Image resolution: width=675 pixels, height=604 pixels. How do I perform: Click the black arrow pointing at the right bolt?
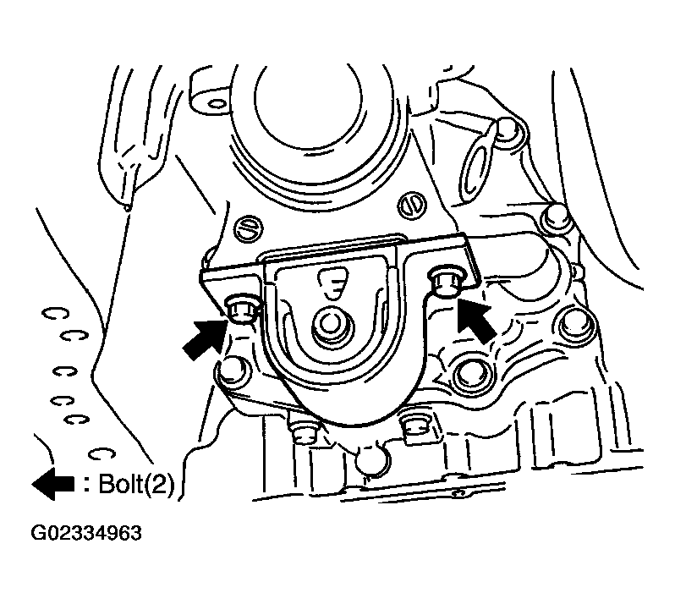click(475, 321)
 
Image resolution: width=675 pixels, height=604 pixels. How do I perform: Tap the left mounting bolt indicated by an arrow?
click(240, 309)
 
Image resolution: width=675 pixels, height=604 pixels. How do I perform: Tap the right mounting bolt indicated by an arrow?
click(447, 280)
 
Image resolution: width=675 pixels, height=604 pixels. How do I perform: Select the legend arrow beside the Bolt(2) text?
click(53, 484)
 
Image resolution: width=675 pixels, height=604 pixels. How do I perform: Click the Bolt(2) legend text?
click(130, 485)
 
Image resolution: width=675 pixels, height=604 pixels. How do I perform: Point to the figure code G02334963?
click(86, 533)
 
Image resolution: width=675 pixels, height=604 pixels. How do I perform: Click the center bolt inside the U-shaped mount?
click(330, 325)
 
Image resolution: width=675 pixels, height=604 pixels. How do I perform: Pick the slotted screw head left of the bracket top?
click(248, 228)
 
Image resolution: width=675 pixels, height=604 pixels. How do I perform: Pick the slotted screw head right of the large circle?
click(411, 205)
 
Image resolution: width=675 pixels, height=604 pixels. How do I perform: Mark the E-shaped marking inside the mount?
click(332, 283)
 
